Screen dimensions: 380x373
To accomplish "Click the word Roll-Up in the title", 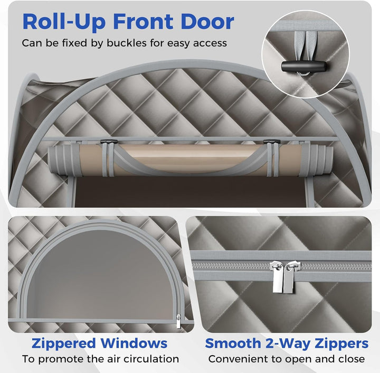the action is (x=64, y=22).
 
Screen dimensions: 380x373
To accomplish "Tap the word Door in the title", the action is (x=207, y=22).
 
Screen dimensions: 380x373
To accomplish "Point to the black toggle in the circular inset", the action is (x=304, y=66).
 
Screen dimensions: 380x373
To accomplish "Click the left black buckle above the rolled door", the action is (x=109, y=141).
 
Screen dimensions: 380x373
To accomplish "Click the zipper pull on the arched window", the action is (x=178, y=321).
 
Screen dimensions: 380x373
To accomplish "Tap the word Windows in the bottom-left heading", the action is (x=134, y=343).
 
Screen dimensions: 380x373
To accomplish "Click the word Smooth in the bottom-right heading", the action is (x=233, y=343).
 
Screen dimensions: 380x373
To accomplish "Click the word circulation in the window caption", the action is (x=154, y=359).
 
